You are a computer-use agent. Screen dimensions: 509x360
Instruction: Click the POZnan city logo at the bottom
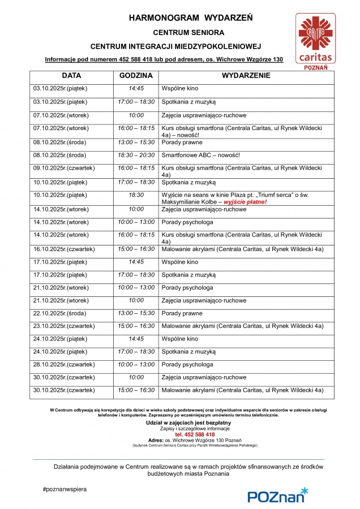[x=277, y=495]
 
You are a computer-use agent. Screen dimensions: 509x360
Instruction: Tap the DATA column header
[x=71, y=75]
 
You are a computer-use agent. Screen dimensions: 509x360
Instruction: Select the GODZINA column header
[x=136, y=75]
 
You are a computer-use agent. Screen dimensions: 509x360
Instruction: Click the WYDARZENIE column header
[x=246, y=75]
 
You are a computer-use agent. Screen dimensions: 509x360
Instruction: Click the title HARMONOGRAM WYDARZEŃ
[x=191, y=18]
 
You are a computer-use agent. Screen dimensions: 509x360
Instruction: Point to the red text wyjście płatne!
[x=247, y=202]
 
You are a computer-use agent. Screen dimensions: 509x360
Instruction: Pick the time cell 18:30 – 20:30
[x=136, y=155]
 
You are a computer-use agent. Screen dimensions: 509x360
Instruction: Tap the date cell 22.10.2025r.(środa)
[x=59, y=313]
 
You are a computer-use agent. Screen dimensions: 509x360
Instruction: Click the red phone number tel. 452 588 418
[x=179, y=434]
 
